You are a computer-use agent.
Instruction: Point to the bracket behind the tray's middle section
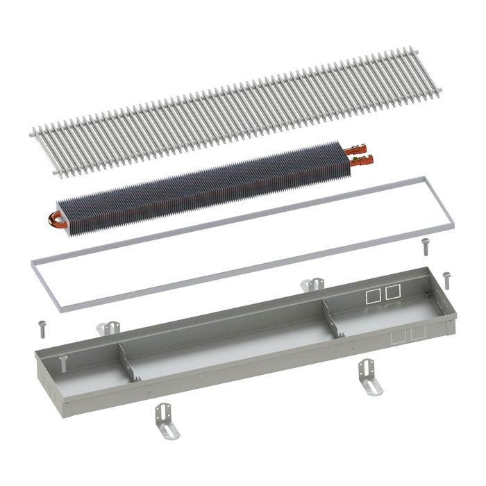click(x=313, y=284)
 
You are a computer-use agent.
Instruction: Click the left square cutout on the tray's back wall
click(x=373, y=294)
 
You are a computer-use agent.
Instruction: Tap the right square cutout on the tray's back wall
click(x=394, y=292)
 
